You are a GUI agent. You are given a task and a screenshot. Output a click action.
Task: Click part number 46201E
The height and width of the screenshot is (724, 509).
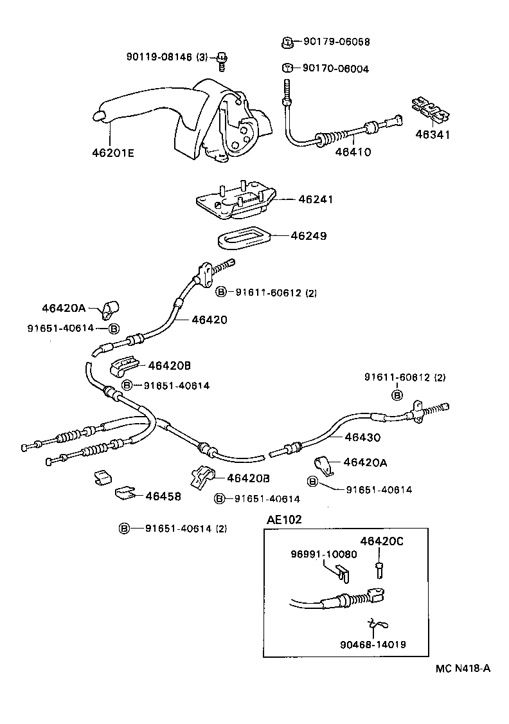[113, 152]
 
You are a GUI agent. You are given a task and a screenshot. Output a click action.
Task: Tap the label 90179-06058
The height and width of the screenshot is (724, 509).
[336, 42]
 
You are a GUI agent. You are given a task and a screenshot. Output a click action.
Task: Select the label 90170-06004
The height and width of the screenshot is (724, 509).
[335, 69]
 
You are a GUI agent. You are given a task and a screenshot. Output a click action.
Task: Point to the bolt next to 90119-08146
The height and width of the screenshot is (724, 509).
[222, 61]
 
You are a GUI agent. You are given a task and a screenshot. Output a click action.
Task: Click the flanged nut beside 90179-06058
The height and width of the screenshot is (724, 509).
[287, 42]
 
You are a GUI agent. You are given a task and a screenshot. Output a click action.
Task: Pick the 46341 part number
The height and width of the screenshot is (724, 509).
[433, 134]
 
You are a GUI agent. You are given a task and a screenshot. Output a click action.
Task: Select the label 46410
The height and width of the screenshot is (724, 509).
[353, 152]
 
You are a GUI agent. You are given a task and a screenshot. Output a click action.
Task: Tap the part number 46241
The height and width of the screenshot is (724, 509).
[316, 199]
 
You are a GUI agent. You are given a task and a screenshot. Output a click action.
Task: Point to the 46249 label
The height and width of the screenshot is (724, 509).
[308, 236]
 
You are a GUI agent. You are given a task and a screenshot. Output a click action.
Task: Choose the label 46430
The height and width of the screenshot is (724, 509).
[362, 437]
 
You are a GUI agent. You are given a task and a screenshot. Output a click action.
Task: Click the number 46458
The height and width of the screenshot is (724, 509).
[163, 496]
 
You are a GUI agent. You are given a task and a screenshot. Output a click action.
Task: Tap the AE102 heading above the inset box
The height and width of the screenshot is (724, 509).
[284, 520]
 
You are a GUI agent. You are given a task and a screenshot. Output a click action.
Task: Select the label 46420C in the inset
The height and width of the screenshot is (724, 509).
[382, 541]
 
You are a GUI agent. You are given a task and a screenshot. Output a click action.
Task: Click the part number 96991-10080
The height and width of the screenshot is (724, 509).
[324, 554]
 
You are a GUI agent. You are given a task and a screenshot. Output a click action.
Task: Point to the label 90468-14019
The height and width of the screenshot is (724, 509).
[373, 644]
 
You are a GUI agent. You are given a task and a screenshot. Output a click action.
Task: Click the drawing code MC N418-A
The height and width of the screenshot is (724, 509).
[463, 668]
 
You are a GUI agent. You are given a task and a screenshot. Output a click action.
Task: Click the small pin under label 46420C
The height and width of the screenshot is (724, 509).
[379, 570]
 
